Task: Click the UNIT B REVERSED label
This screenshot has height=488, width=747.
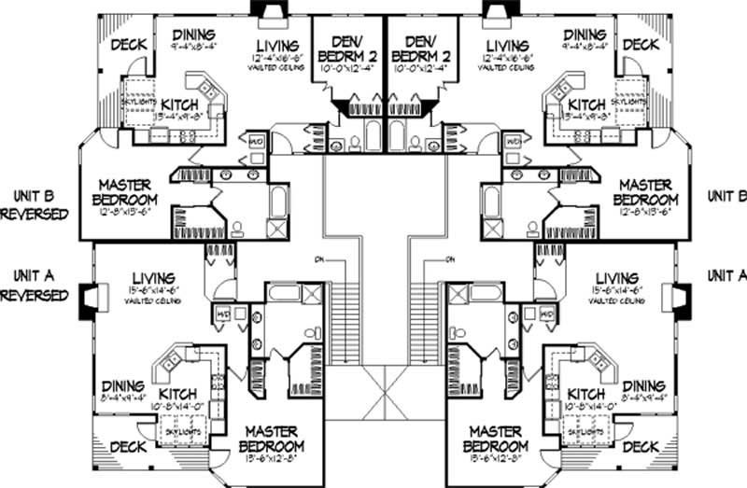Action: (35, 204)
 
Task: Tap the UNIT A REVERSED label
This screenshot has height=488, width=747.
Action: (35, 285)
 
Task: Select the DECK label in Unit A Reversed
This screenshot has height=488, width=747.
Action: (127, 447)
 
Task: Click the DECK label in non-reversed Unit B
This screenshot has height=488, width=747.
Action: (641, 45)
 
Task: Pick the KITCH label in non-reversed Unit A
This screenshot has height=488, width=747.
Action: (586, 394)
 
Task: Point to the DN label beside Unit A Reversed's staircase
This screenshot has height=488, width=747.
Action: (319, 258)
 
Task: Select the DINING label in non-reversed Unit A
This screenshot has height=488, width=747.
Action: (643, 385)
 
